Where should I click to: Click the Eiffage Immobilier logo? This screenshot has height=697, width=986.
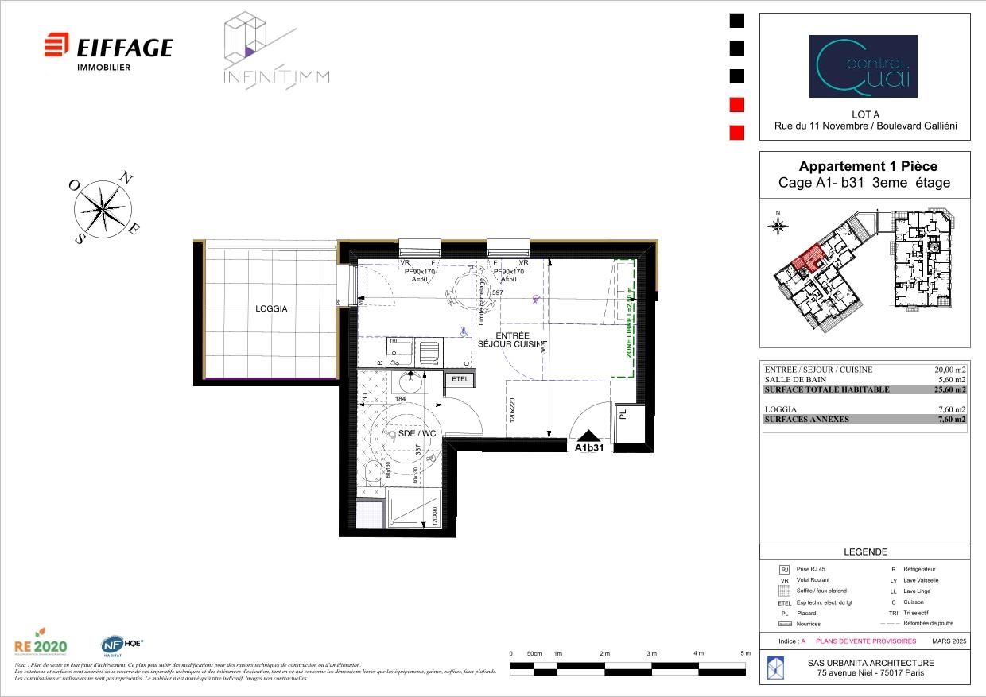click(108, 50)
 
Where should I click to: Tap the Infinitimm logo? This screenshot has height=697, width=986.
click(275, 51)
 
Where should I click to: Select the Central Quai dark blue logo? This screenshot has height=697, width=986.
click(863, 66)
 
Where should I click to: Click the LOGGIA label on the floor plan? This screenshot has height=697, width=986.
click(271, 308)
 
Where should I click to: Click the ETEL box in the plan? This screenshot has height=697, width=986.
click(460, 380)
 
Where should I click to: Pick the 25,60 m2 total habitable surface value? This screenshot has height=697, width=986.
click(950, 389)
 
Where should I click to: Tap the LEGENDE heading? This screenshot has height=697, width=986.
click(865, 552)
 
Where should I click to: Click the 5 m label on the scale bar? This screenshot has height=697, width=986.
click(745, 653)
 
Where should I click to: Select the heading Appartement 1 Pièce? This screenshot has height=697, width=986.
click(868, 166)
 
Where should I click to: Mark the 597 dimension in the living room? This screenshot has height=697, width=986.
click(499, 293)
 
